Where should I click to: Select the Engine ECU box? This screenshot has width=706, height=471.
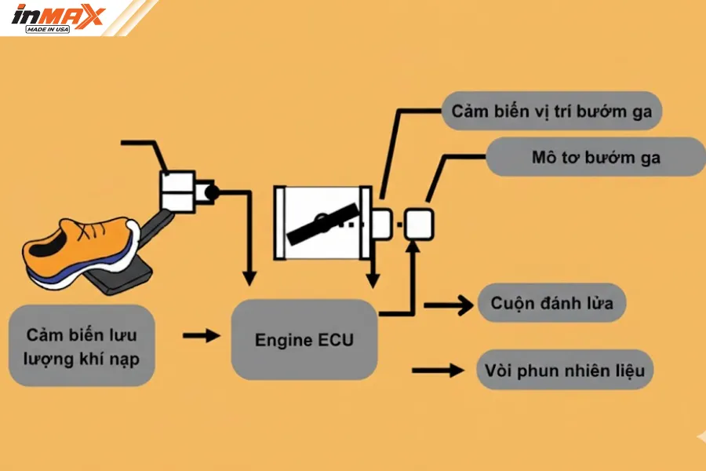(x=304, y=340)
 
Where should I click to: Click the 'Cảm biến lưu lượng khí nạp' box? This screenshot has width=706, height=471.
(x=82, y=345)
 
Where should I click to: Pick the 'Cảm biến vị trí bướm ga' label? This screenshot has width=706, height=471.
(x=551, y=111)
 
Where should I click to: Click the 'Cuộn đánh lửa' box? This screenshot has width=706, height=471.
(x=551, y=303)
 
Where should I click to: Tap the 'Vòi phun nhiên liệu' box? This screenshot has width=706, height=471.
(x=564, y=369)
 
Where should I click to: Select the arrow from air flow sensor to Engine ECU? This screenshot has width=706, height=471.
(x=202, y=336)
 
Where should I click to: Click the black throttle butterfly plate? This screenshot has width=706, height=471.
(x=322, y=224)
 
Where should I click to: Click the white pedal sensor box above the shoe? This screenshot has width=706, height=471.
(x=180, y=190)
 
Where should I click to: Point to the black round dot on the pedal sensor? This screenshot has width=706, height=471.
(x=211, y=190)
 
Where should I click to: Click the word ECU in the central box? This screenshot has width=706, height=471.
(x=336, y=340)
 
